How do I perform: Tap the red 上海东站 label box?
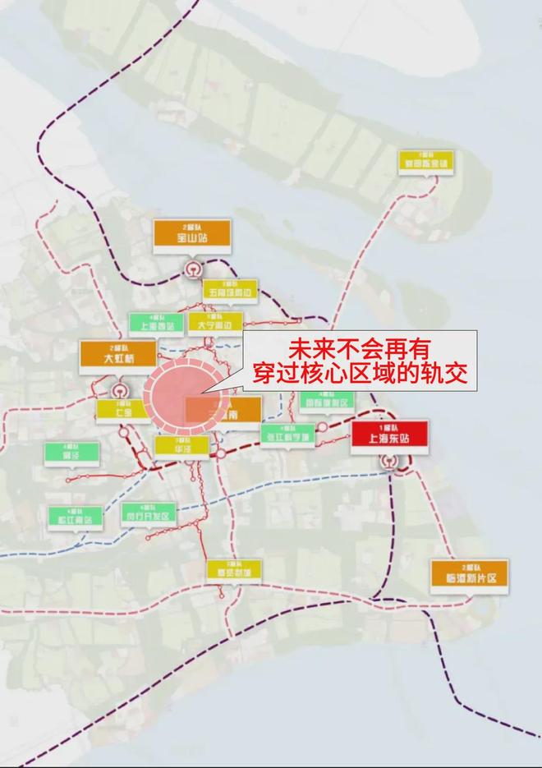coord(389,435)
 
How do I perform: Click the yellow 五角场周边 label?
coord(230,290)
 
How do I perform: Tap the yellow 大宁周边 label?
coord(215,323)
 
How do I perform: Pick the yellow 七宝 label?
coord(123,410)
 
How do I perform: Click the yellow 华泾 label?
coord(181,446)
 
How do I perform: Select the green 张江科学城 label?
coord(288,435)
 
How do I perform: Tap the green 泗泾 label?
coord(71,453)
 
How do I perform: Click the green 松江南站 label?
coord(76,517)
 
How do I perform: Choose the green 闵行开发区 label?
coord(149,513)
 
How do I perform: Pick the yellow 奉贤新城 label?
coord(233,569)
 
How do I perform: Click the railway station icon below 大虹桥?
coord(122,390)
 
